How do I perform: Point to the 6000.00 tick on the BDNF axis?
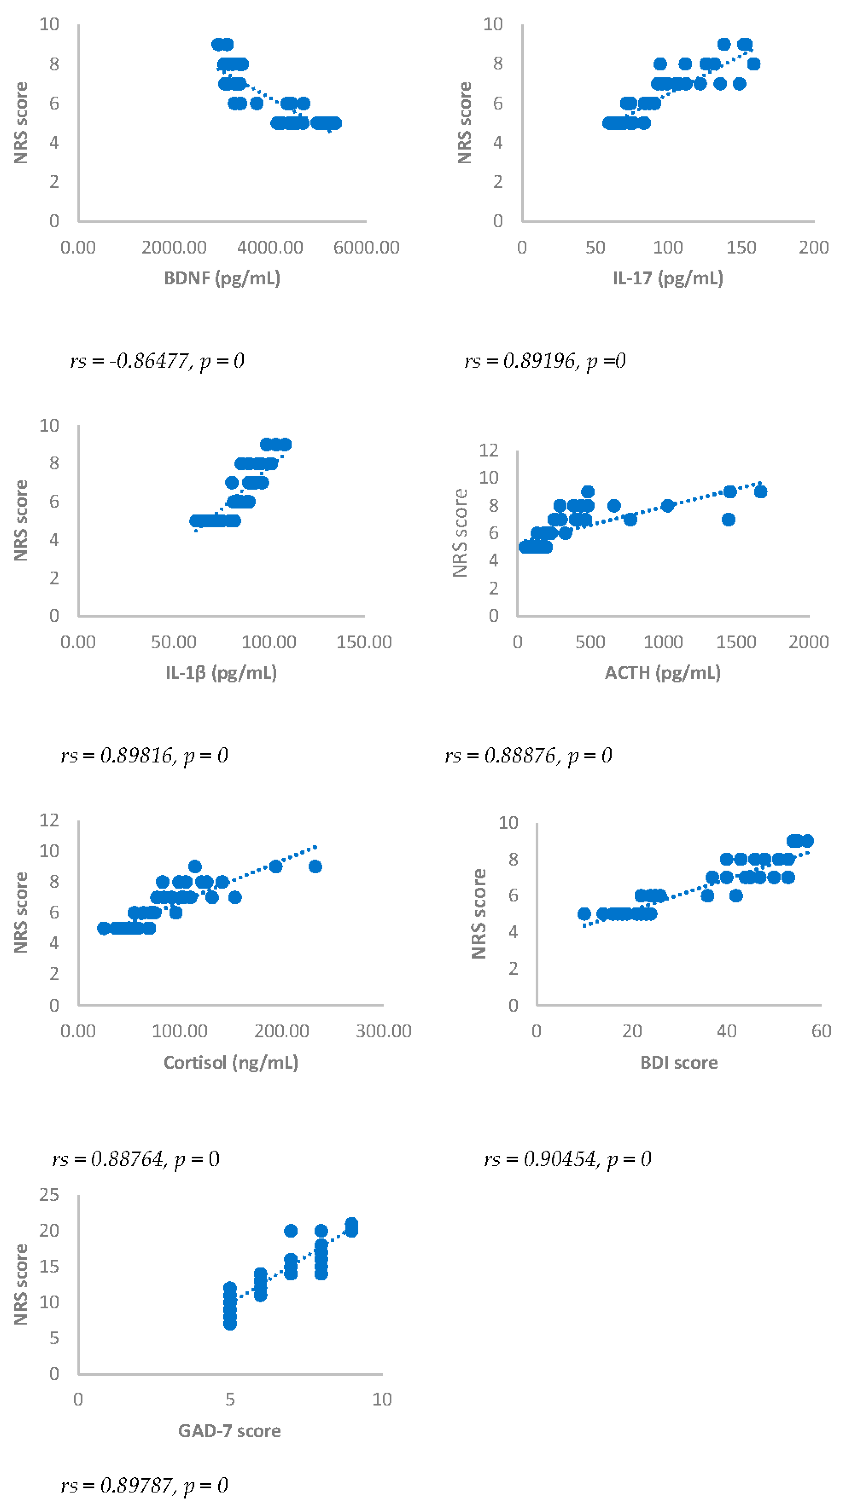[367, 248]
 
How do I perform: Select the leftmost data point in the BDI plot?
[584, 914]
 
